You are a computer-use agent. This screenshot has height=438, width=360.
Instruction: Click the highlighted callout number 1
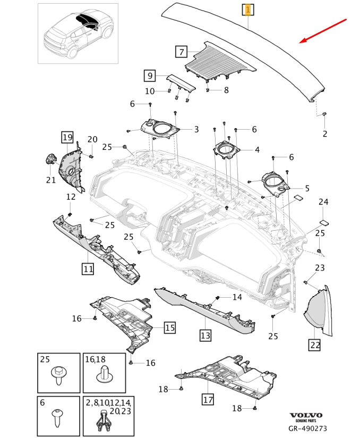[248, 10]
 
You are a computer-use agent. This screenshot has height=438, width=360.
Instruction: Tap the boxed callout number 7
[182, 52]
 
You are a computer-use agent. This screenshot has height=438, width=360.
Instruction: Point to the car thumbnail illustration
[78, 33]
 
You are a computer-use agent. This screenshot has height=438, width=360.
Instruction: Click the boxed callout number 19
[67, 138]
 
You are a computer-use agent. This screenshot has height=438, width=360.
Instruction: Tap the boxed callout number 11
[88, 269]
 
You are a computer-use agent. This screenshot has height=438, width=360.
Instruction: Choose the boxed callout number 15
[169, 327]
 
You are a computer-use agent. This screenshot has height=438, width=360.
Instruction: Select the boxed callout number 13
[205, 335]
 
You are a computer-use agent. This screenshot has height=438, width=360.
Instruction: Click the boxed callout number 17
[208, 398]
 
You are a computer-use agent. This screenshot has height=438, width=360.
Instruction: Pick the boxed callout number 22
[315, 344]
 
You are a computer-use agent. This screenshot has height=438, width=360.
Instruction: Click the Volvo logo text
[306, 415]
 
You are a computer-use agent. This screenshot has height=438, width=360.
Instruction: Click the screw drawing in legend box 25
[58, 376]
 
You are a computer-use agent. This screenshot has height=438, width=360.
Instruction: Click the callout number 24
[323, 202]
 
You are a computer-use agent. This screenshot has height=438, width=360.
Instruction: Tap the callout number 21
[50, 180]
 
